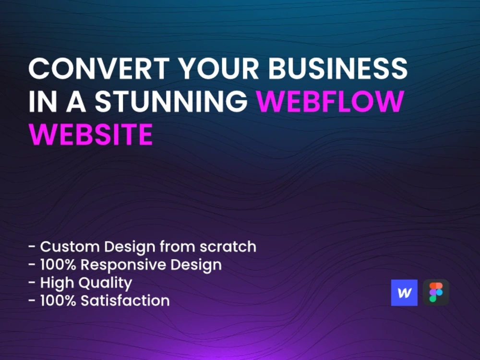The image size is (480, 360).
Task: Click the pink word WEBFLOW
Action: coord(330,102)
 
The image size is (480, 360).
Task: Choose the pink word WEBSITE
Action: coord(91,135)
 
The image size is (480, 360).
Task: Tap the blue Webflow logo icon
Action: coord(404,293)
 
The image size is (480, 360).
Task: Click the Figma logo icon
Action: coord(436,292)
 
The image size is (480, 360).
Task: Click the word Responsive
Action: coord(129,264)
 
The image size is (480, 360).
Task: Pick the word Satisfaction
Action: coord(125,301)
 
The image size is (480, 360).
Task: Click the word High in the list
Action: coord(55,283)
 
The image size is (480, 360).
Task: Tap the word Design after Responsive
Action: coord(198,264)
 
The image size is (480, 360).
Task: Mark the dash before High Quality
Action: coord(32,283)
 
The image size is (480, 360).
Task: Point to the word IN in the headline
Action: coord(37,102)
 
